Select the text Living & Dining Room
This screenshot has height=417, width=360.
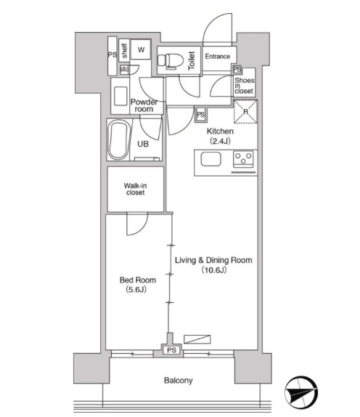(213, 259)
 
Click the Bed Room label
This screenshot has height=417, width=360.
(136, 279)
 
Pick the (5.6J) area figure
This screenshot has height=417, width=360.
(136, 290)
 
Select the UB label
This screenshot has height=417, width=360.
(144, 144)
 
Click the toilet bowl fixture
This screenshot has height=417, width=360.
(171, 60)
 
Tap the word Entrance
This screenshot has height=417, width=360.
(217, 57)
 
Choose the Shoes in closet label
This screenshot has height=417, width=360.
(245, 86)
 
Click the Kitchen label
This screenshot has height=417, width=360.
(220, 131)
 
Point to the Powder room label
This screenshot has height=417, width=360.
(144, 106)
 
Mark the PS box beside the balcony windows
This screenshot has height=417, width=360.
(171, 350)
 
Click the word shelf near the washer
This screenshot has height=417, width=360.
(125, 50)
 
